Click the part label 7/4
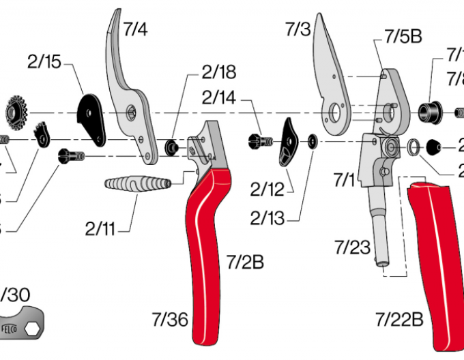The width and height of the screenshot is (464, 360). (x=136, y=29)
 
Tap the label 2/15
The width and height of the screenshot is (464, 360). (x=44, y=63)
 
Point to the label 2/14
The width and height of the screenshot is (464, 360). (x=218, y=98)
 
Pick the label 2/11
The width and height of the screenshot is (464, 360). (x=100, y=228)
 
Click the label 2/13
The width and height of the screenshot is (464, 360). (x=266, y=218)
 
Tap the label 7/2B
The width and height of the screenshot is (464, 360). (x=244, y=261)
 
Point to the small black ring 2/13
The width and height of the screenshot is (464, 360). (x=312, y=141)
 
